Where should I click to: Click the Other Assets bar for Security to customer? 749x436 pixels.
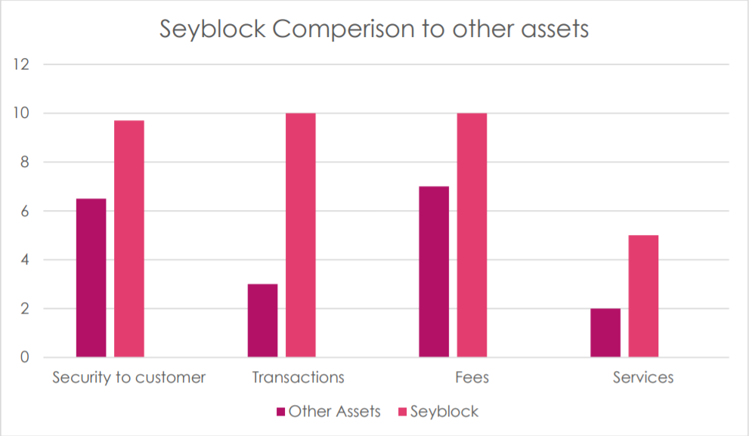coord(91,277)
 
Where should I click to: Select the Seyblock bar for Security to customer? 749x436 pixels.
coord(129,239)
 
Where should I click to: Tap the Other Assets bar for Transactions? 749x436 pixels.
coord(262,320)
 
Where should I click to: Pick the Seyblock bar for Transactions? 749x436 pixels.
coord(300,235)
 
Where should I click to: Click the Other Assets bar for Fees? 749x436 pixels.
coord(433,271)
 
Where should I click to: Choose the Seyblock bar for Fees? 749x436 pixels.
coord(472,235)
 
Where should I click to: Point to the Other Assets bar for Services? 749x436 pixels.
coord(605,332)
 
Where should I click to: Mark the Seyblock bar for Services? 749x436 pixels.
coord(643,296)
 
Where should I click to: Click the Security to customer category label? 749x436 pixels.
coord(128,377)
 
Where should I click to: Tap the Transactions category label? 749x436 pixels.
coord(299,377)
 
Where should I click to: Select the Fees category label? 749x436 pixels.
coord(472,377)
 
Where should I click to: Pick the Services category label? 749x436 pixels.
coord(642,377)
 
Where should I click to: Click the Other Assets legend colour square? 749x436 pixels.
coord(280,412)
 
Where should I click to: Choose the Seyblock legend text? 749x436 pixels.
coord(444,412)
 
